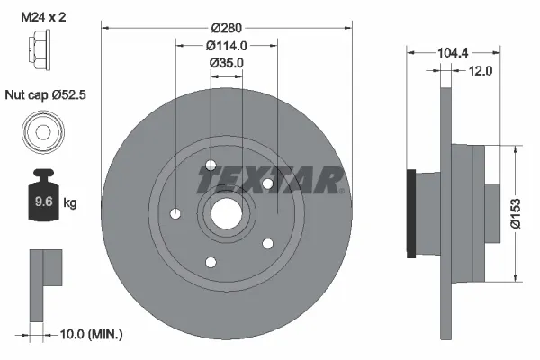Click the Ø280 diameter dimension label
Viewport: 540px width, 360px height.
click(x=227, y=28)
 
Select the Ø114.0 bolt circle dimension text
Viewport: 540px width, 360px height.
click(x=227, y=46)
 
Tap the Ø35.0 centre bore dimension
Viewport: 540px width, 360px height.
click(x=227, y=63)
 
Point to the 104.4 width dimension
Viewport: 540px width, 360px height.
click(x=453, y=53)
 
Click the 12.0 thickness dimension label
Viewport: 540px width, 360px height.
click(x=481, y=71)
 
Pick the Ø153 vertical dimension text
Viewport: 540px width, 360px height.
click(x=516, y=213)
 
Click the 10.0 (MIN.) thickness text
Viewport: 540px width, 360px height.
click(x=91, y=334)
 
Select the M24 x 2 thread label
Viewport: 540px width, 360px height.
click(x=43, y=17)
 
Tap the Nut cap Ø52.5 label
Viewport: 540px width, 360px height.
click(x=45, y=94)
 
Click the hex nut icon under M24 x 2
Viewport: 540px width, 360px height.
click(x=40, y=50)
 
